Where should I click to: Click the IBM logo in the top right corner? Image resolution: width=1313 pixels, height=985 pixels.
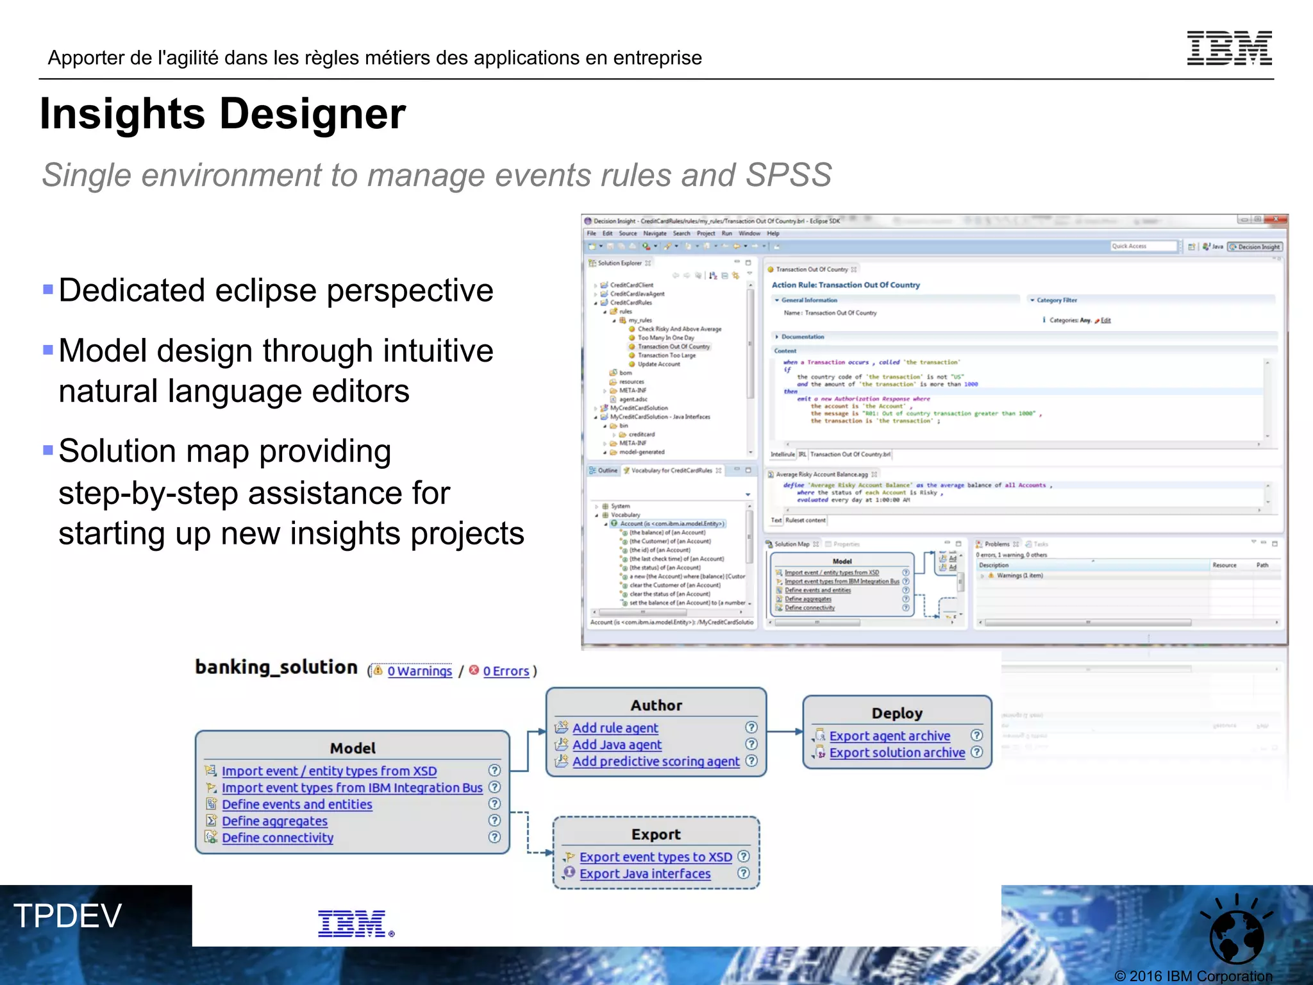tap(1229, 48)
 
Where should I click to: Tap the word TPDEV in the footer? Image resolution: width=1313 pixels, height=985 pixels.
tap(67, 916)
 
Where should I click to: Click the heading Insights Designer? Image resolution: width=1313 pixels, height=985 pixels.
tap(222, 114)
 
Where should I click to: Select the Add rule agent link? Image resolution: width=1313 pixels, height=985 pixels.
tap(615, 728)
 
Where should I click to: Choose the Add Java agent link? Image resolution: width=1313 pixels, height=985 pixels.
tap(617, 745)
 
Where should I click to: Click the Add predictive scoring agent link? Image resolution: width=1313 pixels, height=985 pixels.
tap(655, 761)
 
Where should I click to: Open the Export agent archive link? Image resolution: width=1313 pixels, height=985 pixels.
tap(889, 736)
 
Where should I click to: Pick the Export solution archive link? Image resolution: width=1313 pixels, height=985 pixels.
tap(897, 753)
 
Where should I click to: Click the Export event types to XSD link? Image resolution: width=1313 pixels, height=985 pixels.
tap(655, 857)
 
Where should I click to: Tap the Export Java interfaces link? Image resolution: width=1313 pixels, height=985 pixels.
tap(645, 874)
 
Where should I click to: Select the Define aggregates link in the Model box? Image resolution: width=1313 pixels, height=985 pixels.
tap(274, 821)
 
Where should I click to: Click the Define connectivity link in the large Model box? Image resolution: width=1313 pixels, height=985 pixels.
tap(278, 838)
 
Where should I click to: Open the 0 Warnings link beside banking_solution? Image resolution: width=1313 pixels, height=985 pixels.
tap(419, 671)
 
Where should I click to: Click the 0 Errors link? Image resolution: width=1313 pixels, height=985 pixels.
tap(506, 671)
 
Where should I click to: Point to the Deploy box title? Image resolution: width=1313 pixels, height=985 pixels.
tap(896, 713)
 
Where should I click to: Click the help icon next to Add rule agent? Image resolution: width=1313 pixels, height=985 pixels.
tap(751, 727)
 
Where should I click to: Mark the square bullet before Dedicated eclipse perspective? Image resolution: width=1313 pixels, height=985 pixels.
tap(48, 289)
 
